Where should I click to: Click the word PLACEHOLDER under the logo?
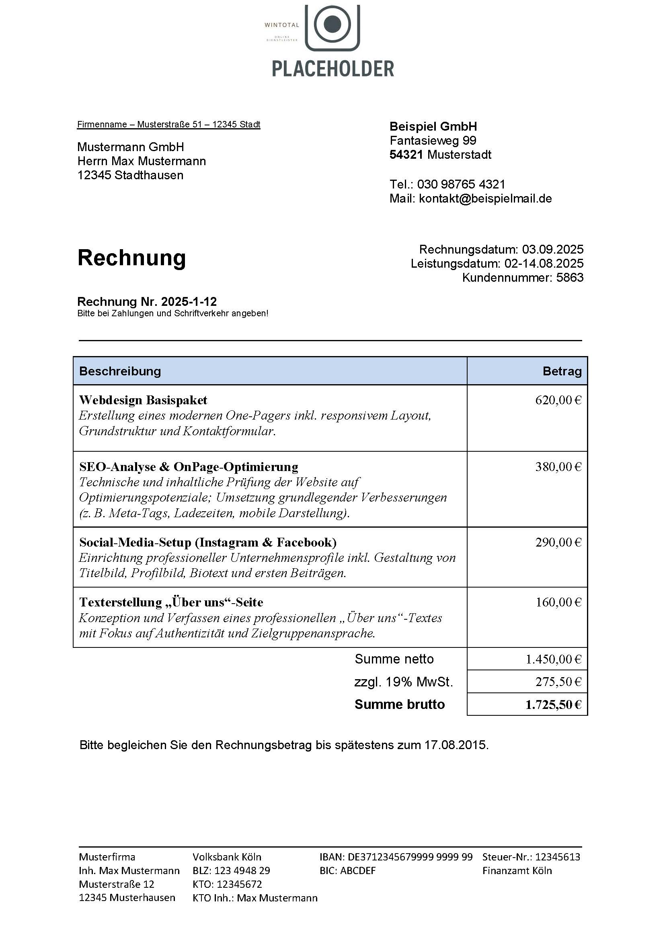click(x=332, y=69)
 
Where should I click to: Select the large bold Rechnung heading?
click(x=131, y=258)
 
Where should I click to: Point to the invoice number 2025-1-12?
click(x=189, y=302)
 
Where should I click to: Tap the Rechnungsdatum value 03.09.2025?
click(x=552, y=249)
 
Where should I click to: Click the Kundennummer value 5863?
click(x=570, y=278)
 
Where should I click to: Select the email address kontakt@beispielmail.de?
click(x=485, y=199)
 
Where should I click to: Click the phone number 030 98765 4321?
click(x=461, y=184)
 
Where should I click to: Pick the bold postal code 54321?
click(x=406, y=155)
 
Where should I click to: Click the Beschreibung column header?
click(x=120, y=371)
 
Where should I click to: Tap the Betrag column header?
click(x=562, y=371)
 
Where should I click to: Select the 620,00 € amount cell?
click(x=558, y=400)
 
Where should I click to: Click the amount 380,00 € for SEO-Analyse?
click(x=558, y=467)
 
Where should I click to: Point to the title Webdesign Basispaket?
click(x=143, y=400)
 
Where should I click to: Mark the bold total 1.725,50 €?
click(x=553, y=704)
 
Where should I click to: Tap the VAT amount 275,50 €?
click(x=558, y=682)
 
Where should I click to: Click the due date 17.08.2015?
click(x=456, y=745)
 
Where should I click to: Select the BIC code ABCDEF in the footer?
click(x=357, y=870)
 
